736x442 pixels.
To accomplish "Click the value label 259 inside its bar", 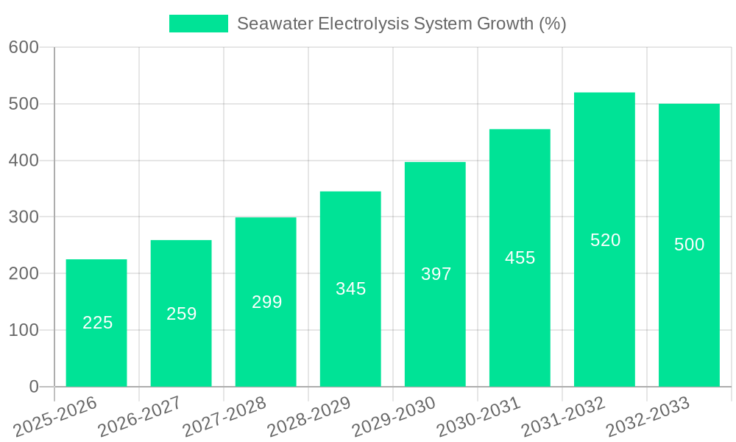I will click(181, 314).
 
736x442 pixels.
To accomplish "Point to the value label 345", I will click(350, 289).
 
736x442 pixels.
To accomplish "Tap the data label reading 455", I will click(520, 258).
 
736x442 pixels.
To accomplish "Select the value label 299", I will click(266, 302).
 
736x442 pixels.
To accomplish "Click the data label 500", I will click(689, 245).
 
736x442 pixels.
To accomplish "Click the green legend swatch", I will click(199, 24).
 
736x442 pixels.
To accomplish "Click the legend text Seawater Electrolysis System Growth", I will click(401, 24).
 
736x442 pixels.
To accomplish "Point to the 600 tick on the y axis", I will click(24, 47).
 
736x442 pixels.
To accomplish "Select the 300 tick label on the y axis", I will click(24, 217).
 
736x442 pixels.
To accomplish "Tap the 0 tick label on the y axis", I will click(33, 387).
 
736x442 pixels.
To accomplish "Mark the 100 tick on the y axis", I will click(24, 330).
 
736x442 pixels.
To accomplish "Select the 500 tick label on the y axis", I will click(24, 104).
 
